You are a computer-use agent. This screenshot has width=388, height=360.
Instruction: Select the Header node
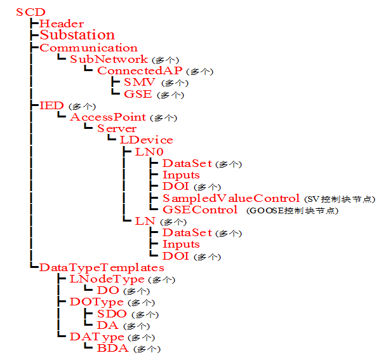click(62, 23)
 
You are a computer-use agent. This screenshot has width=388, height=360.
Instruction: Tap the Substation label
click(77, 35)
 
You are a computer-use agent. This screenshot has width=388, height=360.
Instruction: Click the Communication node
click(88, 48)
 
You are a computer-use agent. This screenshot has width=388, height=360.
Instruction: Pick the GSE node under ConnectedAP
click(138, 94)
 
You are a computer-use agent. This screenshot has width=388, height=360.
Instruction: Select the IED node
click(51, 105)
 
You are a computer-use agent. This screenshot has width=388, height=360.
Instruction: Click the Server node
click(117, 128)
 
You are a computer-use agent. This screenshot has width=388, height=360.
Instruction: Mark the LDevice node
click(146, 140)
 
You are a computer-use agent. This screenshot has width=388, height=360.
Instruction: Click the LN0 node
click(149, 152)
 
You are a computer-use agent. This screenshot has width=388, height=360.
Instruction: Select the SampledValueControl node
click(231, 198)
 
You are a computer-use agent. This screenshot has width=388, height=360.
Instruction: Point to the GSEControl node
click(200, 210)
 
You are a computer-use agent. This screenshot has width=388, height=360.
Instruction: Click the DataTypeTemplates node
click(102, 267)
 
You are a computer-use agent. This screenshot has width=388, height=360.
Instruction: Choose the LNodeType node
click(106, 279)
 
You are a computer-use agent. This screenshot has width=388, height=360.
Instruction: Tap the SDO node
click(112, 314)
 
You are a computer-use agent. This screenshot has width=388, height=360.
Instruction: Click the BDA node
click(113, 348)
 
